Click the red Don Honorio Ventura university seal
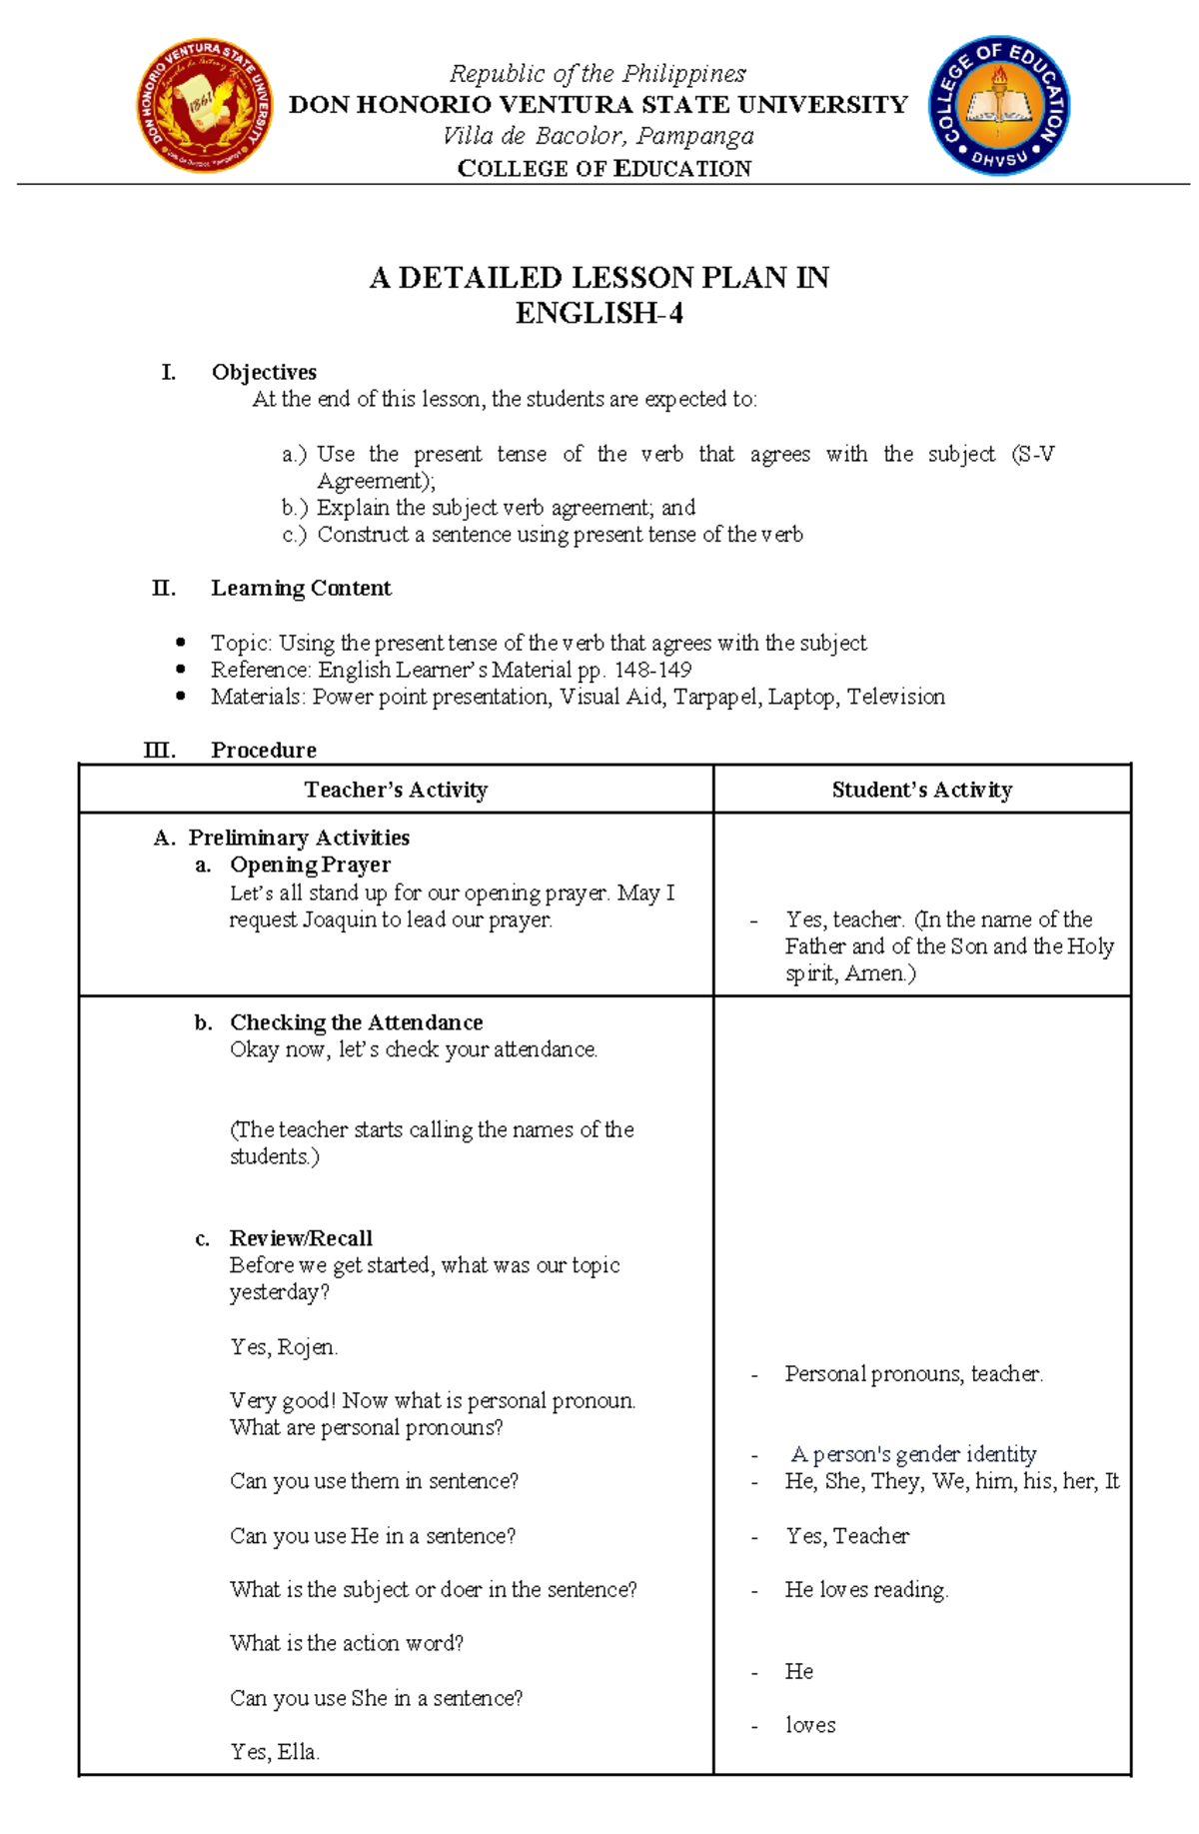click(x=205, y=106)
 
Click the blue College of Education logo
click(x=999, y=106)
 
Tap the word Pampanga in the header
click(x=695, y=136)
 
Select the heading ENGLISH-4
click(x=599, y=314)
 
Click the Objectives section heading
click(x=264, y=372)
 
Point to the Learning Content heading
click(x=301, y=588)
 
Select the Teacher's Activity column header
click(x=396, y=790)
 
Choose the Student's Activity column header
click(x=921, y=790)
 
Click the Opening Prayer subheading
click(x=310, y=865)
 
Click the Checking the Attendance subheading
click(x=356, y=1022)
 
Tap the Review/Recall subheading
click(x=301, y=1238)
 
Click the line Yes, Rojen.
click(x=284, y=1347)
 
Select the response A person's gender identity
click(x=913, y=1454)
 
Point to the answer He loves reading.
click(x=866, y=1589)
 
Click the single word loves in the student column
click(x=810, y=1725)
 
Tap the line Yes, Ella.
click(x=275, y=1752)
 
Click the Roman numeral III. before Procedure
click(x=160, y=750)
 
